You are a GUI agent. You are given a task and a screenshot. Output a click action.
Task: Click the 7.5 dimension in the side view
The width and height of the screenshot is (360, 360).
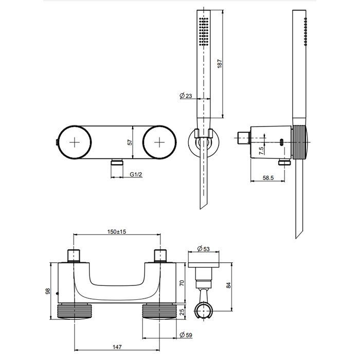(x=261, y=151)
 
